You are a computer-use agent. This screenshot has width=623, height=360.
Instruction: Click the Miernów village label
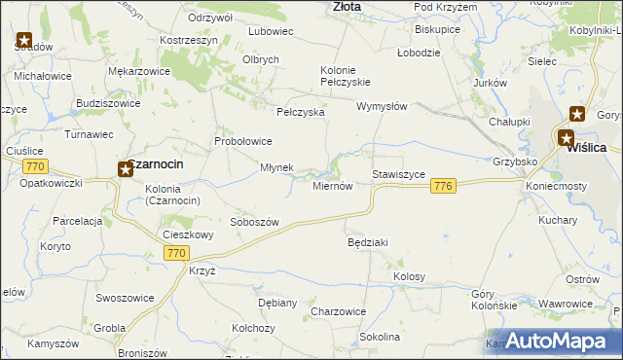point(331,187)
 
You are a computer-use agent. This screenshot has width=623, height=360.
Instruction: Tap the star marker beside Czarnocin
point(126,170)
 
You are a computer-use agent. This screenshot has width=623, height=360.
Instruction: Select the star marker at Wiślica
point(566,138)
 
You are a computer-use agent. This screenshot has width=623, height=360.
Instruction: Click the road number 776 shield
point(444,186)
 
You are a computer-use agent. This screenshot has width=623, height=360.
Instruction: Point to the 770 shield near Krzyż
point(175,253)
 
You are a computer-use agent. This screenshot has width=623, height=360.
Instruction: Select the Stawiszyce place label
point(398,174)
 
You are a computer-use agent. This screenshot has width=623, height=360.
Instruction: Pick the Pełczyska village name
point(300,113)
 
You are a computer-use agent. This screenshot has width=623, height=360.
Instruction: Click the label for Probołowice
point(243,141)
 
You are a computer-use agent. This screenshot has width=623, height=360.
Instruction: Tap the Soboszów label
point(254,222)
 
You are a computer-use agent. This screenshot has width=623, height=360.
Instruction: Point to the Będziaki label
point(368,241)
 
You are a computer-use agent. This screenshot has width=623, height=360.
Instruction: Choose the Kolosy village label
point(409,277)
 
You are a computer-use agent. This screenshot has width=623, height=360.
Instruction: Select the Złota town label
point(346,6)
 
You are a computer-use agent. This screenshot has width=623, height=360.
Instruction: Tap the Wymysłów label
point(381,106)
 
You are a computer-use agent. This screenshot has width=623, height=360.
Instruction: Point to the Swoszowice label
point(126,297)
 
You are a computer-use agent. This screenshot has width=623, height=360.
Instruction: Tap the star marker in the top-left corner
point(23,41)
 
